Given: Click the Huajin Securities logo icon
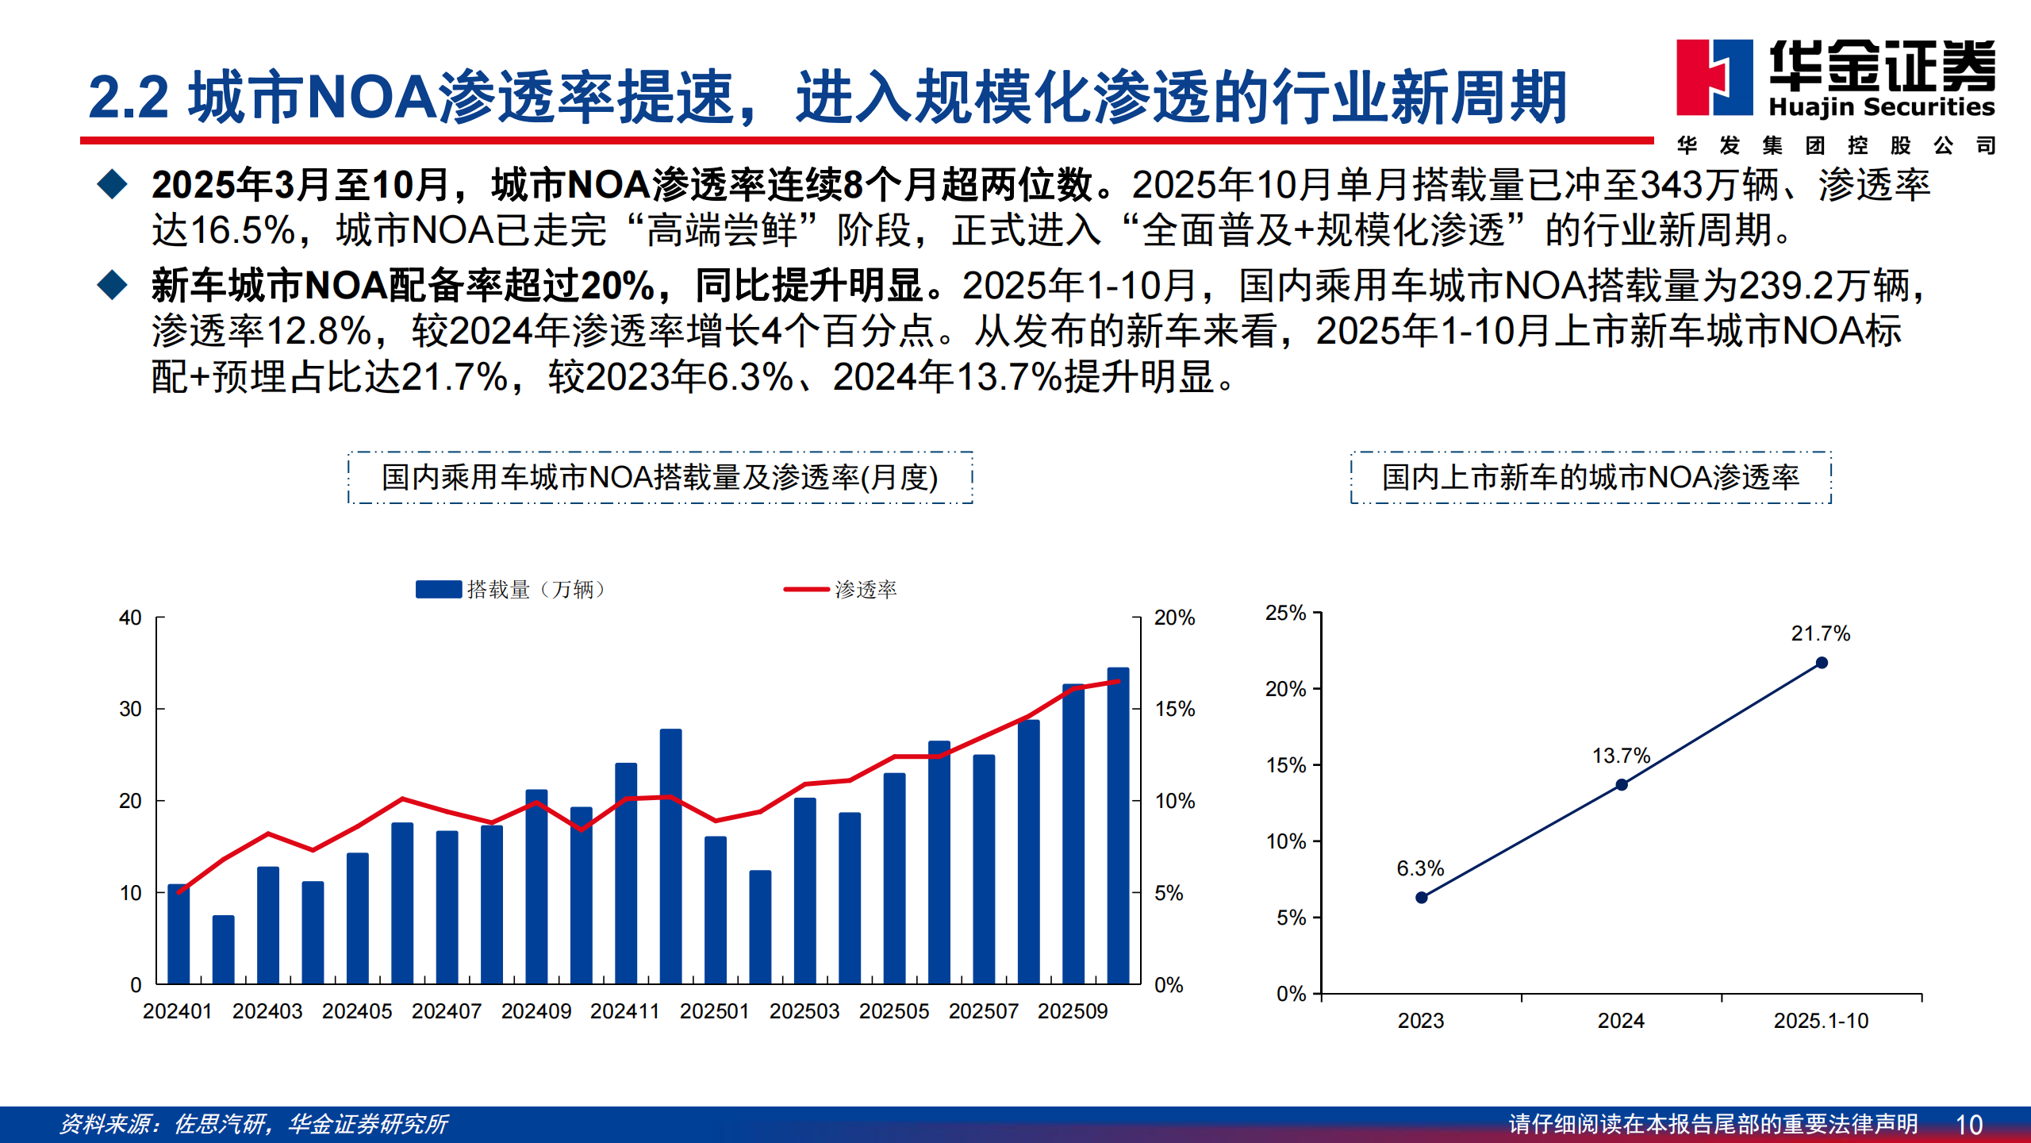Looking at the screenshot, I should pos(1714,77).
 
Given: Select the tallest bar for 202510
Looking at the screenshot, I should pos(1118,825).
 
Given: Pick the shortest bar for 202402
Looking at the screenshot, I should pos(223,949).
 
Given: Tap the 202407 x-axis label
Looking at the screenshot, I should pos(447,1011).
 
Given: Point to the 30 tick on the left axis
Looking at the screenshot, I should pos(131,709).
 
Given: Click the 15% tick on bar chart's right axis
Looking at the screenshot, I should pos(1174,709).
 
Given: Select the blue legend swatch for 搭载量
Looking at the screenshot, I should pos(438,589).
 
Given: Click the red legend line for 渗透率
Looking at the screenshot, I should pos(805,589).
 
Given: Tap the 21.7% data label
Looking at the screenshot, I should pos(1820,633).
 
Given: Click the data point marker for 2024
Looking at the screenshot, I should pos(1622,784).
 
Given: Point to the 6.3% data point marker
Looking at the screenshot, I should pos(1422,897).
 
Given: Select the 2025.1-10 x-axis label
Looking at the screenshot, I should pos(1821,1021).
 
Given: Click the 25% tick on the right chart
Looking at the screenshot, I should pos(1285,613).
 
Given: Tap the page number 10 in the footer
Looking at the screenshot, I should pos(1969,1125).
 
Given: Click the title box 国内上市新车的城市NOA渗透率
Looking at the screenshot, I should pos(1591,477).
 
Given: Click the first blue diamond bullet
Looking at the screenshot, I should pos(112,184).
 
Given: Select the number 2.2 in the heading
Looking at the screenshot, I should pos(128,98).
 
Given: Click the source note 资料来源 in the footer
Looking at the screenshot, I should pos(254,1124).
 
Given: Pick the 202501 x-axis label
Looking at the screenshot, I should pos(714,1011).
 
